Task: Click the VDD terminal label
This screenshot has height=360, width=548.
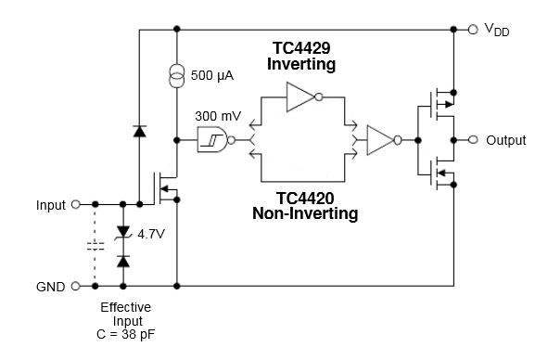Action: [x=497, y=31]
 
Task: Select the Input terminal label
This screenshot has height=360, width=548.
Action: [x=51, y=204]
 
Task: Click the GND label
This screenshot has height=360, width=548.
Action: [x=50, y=287]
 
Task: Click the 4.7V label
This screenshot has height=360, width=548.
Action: [x=150, y=234]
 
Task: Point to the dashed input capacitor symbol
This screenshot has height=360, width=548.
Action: [x=95, y=246]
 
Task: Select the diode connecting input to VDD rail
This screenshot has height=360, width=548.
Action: [x=139, y=132]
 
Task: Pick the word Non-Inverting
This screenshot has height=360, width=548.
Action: [x=305, y=213]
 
